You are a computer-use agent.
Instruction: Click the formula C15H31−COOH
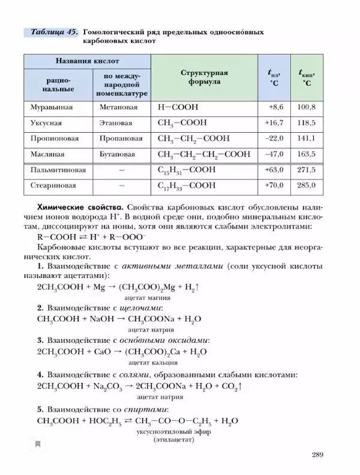[186, 170]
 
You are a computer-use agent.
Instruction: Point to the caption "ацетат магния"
[146, 297]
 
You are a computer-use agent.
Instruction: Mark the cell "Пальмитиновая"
[58, 170]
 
